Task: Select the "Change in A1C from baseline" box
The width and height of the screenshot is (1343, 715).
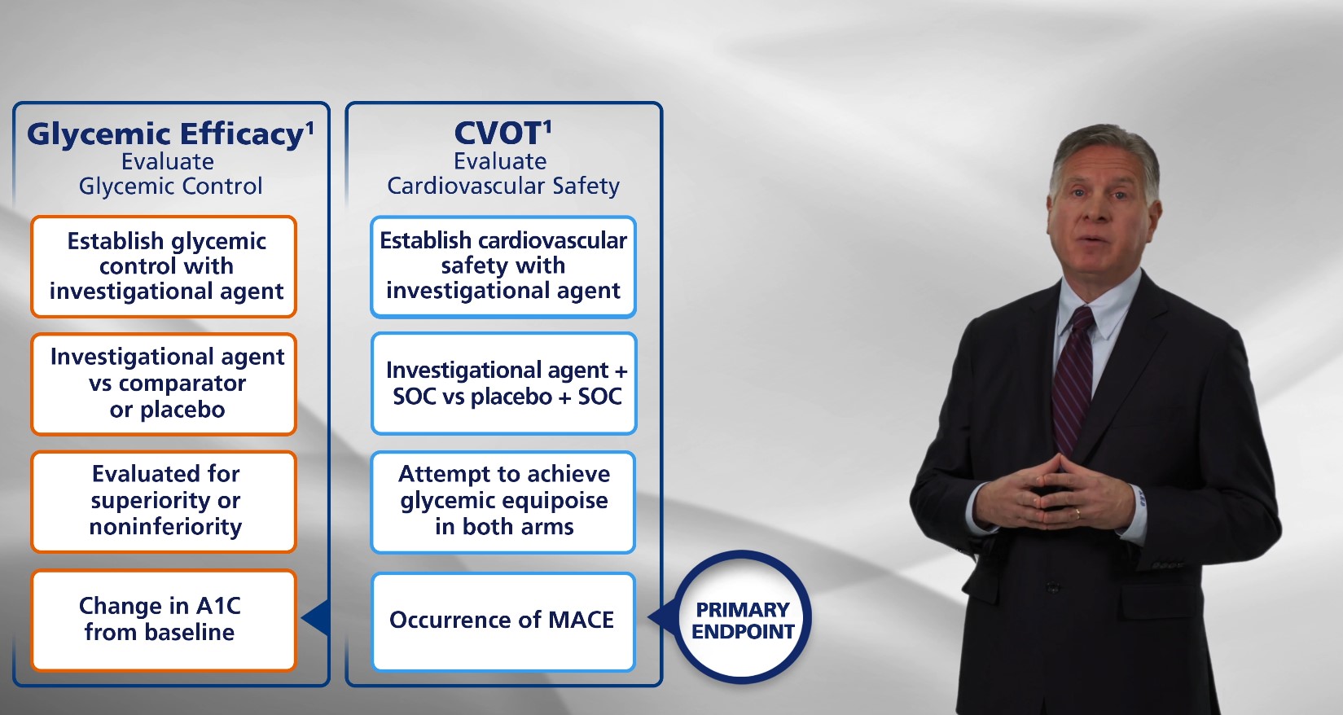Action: coord(164,620)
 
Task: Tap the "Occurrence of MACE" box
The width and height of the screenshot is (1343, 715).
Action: coord(503,621)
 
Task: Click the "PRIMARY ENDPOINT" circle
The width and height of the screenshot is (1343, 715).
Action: coord(742,617)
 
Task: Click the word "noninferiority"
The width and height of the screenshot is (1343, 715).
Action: coord(165,527)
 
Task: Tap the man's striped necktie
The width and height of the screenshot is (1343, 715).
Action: coord(1072,378)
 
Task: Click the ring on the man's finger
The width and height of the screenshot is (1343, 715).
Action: coord(1078,513)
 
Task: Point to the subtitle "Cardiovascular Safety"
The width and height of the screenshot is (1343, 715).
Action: coord(503,186)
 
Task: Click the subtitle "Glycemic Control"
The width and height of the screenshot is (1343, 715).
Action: coord(170,187)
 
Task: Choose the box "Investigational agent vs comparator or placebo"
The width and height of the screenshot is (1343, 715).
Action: coord(164,384)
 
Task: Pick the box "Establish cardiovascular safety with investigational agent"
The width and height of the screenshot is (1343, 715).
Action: coord(503,267)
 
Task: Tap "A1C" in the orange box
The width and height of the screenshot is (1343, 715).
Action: coord(218,606)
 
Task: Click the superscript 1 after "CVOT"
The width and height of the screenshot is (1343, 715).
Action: coord(546,126)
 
